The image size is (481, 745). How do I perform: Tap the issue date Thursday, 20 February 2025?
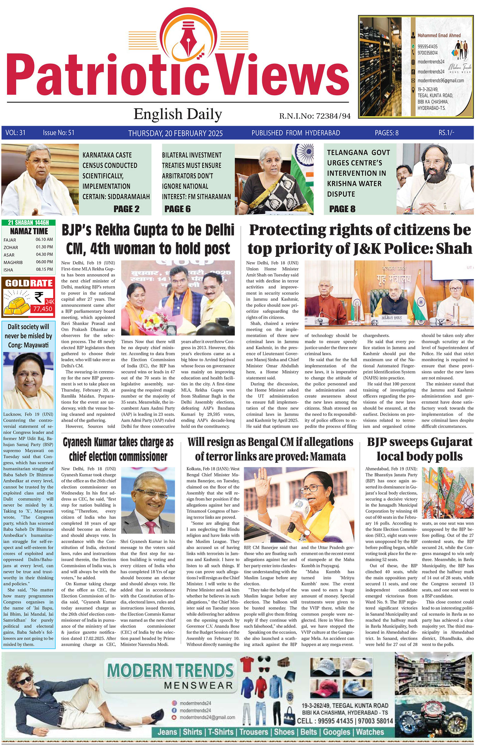[175, 133]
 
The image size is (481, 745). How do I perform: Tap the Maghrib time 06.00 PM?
[44, 262]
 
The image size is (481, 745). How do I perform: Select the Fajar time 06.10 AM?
[44, 240]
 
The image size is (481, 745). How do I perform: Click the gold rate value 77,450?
[43, 309]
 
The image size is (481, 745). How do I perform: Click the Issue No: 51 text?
[59, 133]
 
